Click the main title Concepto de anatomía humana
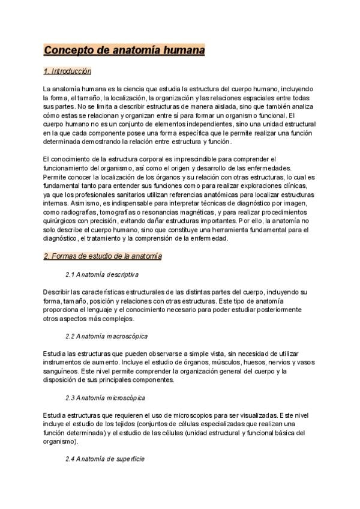click(124, 50)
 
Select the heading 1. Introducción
click(67, 71)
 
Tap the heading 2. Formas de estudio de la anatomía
click(103, 256)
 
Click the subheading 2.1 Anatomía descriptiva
click(102, 274)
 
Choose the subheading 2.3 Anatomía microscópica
click(105, 397)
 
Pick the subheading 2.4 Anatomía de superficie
click(105, 459)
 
